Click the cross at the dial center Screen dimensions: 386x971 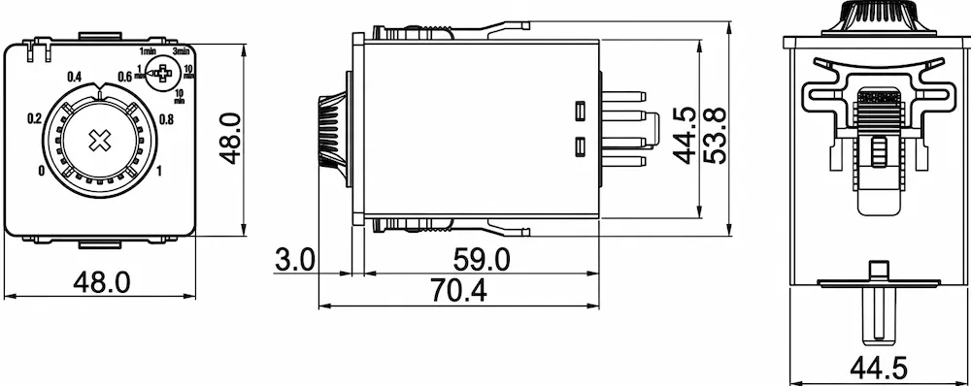point(98,141)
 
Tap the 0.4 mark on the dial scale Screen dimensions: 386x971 point(74,77)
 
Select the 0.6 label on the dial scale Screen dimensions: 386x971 point(124,77)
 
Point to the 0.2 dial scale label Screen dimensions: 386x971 point(34,118)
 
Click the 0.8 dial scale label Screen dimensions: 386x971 point(165,119)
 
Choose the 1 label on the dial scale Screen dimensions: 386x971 point(159,172)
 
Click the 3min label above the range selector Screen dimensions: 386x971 point(181,50)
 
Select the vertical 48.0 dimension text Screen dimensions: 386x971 point(230,139)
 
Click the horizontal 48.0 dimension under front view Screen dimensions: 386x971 point(103,282)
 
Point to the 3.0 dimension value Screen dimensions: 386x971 point(295,259)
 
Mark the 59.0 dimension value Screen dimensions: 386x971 point(482,259)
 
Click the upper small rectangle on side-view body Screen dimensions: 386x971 point(579,112)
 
